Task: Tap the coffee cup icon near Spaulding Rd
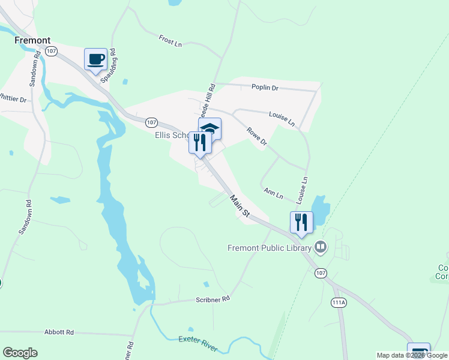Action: tap(95, 59)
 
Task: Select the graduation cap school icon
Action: tap(210, 128)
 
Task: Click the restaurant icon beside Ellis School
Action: tap(200, 143)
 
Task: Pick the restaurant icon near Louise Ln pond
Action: tap(301, 222)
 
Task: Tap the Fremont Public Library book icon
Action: tap(321, 247)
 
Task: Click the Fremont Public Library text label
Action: tap(270, 248)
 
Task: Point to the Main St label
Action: tap(238, 205)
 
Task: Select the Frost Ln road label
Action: tap(170, 41)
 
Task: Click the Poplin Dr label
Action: tap(265, 88)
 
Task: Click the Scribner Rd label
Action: tap(212, 298)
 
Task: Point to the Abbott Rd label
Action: tap(59, 332)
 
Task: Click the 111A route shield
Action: tap(339, 303)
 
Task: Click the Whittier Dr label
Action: tap(13, 98)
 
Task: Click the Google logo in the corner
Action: tap(20, 352)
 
